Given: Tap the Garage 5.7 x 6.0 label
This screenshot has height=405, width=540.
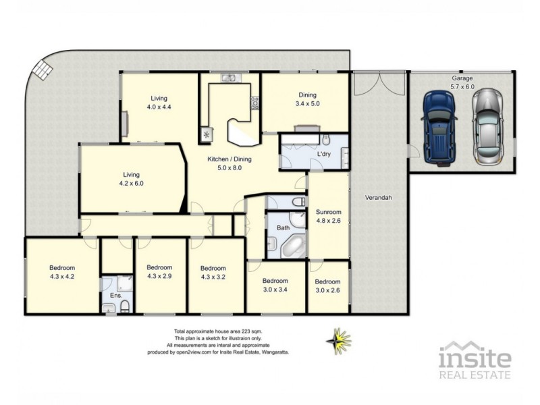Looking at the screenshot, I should pyautogui.click(x=463, y=82).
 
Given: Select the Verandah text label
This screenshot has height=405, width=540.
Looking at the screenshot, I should pyautogui.click(x=379, y=198).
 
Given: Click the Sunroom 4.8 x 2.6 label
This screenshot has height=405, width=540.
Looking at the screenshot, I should pyautogui.click(x=329, y=216).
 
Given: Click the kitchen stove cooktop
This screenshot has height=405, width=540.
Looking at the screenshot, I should pyautogui.click(x=255, y=103).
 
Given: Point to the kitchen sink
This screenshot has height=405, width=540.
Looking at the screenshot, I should pyautogui.click(x=230, y=78).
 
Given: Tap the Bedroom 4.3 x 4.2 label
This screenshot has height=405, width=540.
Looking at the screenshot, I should pyautogui.click(x=61, y=271).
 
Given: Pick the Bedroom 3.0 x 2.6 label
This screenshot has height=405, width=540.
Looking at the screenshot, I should pyautogui.click(x=328, y=286).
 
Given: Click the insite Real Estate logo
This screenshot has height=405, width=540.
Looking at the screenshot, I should pyautogui.click(x=475, y=360).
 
